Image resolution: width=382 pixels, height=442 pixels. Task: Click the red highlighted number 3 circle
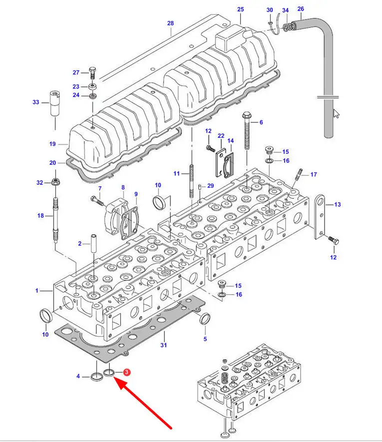pyautogui.click(x=126, y=372)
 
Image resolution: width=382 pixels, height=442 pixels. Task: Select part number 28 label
pyautogui.click(x=171, y=23)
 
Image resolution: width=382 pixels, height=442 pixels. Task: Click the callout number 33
pyautogui.click(x=36, y=102)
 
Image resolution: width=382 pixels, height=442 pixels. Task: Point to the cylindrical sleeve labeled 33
pyautogui.click(x=55, y=103)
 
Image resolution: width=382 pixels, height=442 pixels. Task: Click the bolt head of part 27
pyautogui.click(x=93, y=69)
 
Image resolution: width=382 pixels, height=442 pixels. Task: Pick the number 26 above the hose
pyautogui.click(x=301, y=8)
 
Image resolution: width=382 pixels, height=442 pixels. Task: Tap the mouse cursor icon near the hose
pyautogui.click(x=337, y=113)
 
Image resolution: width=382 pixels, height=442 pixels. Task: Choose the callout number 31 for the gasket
pyautogui.click(x=164, y=345)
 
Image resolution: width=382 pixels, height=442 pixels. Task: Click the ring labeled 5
pyautogui.click(x=205, y=319)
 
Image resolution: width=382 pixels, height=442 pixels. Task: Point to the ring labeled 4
pyautogui.click(x=97, y=376)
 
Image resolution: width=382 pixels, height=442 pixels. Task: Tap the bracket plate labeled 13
pyautogui.click(x=321, y=216)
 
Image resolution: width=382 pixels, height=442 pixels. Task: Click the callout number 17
pyautogui.click(x=314, y=174)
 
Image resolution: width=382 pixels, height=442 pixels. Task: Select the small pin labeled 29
pyautogui.click(x=200, y=187)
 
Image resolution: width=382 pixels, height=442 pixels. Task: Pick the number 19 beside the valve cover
pyautogui.click(x=52, y=144)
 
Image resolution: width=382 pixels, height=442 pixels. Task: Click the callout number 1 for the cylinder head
pyautogui.click(x=37, y=290)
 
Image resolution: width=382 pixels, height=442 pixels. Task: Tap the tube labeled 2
pyautogui.click(x=93, y=244)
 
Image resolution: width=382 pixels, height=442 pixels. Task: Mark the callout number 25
pyautogui.click(x=241, y=9)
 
